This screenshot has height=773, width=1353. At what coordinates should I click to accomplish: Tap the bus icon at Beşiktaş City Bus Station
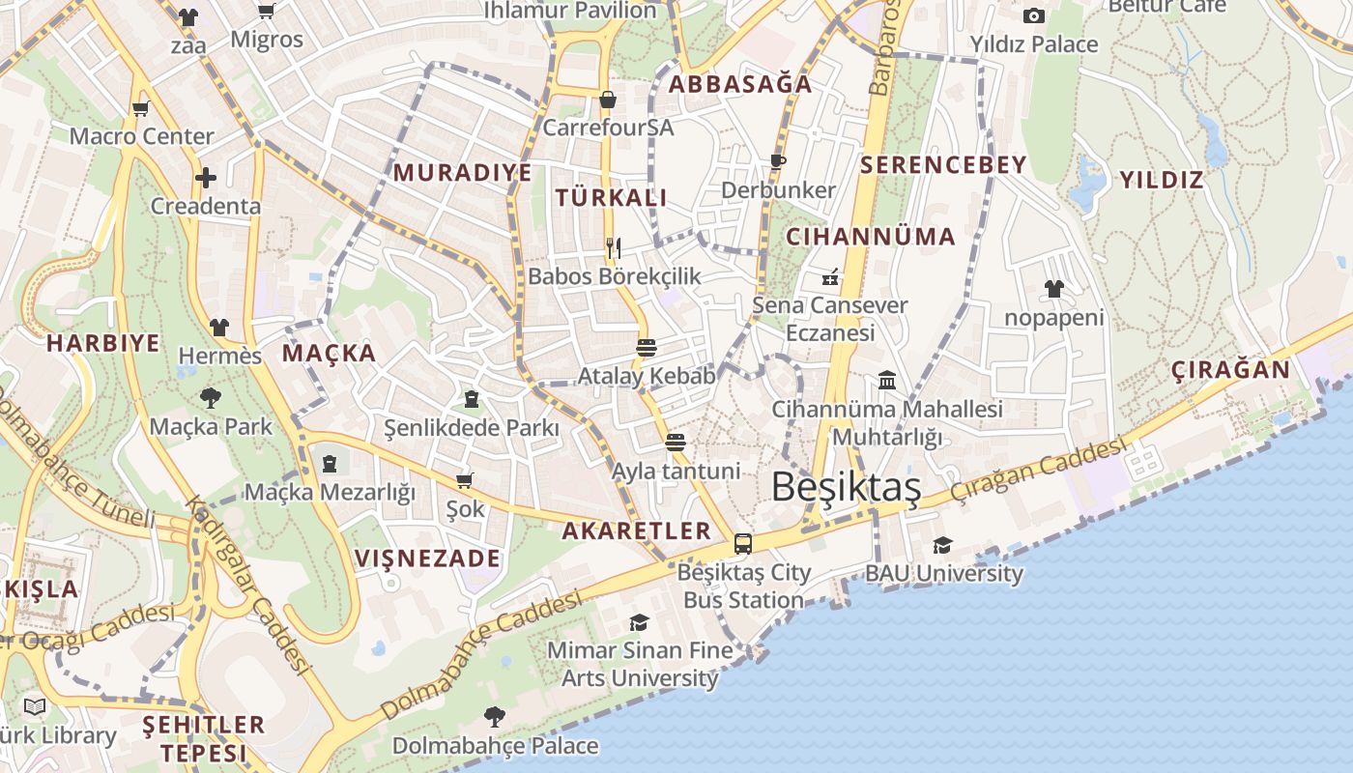click(742, 544)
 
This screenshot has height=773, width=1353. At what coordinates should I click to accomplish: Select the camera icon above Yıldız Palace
click(1034, 16)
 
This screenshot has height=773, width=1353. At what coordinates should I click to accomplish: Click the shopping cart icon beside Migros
click(266, 12)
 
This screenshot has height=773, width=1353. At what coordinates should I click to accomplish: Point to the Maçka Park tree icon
click(210, 397)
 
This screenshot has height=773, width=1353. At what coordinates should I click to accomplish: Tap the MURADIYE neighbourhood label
click(462, 173)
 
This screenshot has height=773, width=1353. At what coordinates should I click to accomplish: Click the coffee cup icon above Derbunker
click(778, 161)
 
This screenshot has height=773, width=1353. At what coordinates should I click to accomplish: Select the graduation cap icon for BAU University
click(942, 546)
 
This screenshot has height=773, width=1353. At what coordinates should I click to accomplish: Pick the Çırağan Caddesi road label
click(1038, 469)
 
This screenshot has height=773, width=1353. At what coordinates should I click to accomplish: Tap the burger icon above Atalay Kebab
click(647, 347)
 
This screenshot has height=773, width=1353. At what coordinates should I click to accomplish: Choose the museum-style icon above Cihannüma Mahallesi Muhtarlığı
click(887, 380)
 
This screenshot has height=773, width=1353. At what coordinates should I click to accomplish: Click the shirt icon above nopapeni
click(1053, 289)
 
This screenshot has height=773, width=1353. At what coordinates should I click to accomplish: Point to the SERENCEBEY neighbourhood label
click(942, 165)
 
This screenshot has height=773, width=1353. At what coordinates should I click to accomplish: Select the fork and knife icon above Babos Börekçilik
click(613, 247)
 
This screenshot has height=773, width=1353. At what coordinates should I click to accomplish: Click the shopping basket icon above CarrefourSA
click(608, 100)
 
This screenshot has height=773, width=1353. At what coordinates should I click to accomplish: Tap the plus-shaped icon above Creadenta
click(205, 178)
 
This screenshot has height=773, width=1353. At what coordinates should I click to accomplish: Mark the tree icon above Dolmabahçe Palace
click(495, 716)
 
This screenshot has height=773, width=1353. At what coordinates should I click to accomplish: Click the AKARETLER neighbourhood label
click(636, 530)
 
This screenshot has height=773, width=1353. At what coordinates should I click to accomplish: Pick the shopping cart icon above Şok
click(464, 480)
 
